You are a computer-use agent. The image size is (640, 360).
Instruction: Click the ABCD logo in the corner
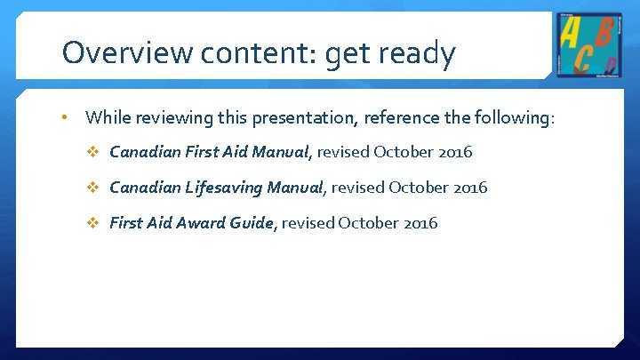point(590,44)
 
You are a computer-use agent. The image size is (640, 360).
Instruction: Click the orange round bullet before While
point(65,116)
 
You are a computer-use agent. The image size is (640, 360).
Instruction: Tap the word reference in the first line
point(400,117)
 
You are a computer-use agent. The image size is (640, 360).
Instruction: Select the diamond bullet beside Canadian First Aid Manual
point(94,152)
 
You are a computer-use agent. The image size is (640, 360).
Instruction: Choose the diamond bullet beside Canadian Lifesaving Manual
point(94,188)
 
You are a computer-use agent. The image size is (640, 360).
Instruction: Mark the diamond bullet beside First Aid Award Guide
point(94,223)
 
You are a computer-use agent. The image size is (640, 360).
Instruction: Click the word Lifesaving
point(220,188)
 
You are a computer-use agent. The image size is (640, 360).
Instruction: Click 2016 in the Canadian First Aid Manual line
point(454,152)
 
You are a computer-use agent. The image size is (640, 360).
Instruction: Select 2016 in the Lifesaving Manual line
point(469,188)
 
